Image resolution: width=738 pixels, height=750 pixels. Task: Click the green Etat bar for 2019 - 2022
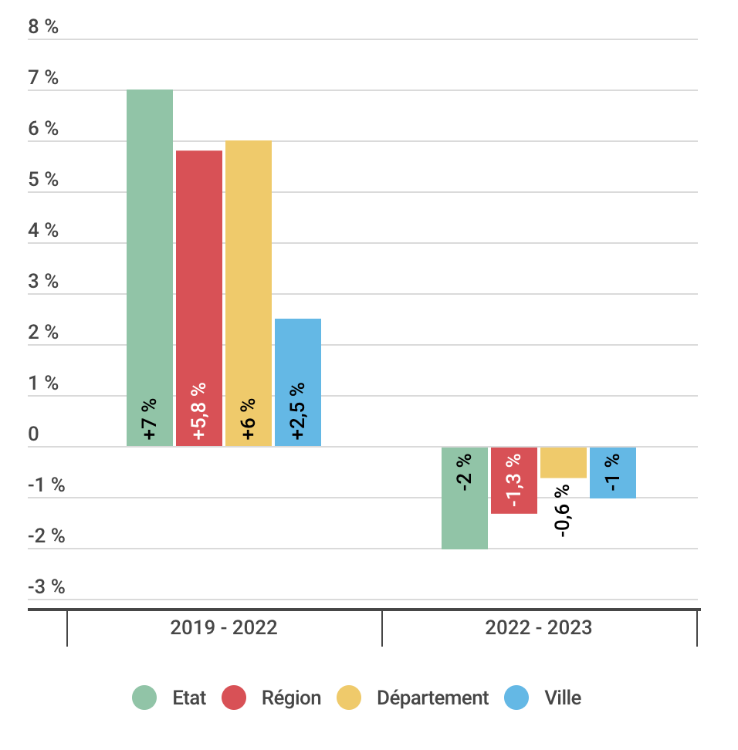click(150, 268)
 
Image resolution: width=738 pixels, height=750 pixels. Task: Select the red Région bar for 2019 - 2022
click(199, 299)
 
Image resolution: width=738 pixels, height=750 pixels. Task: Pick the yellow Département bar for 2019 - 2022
click(249, 294)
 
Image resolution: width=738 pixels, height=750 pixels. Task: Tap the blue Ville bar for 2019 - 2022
click(298, 383)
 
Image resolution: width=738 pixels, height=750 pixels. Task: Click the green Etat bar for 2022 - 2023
click(465, 498)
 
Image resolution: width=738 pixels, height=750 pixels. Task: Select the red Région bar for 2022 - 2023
click(514, 480)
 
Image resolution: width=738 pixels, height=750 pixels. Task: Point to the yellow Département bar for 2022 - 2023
click(564, 462)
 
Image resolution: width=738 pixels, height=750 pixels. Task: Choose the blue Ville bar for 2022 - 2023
click(613, 472)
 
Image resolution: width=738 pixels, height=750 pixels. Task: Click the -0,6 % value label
click(562, 511)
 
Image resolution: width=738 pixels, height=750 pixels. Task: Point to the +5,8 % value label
click(198, 410)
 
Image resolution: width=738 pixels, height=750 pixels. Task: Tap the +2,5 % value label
click(297, 410)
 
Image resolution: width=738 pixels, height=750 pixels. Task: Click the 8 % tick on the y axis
click(43, 27)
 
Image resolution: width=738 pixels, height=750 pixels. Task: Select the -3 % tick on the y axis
click(46, 586)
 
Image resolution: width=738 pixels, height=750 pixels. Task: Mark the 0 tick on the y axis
click(33, 434)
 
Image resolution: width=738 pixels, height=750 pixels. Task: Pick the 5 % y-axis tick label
click(43, 179)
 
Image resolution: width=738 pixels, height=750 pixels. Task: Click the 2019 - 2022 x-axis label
click(224, 627)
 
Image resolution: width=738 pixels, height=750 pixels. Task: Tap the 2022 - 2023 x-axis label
click(539, 627)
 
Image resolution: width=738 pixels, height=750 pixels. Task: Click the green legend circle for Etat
click(144, 698)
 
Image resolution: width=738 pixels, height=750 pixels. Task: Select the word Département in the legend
click(432, 698)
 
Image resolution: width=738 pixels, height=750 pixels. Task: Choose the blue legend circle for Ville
click(516, 698)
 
